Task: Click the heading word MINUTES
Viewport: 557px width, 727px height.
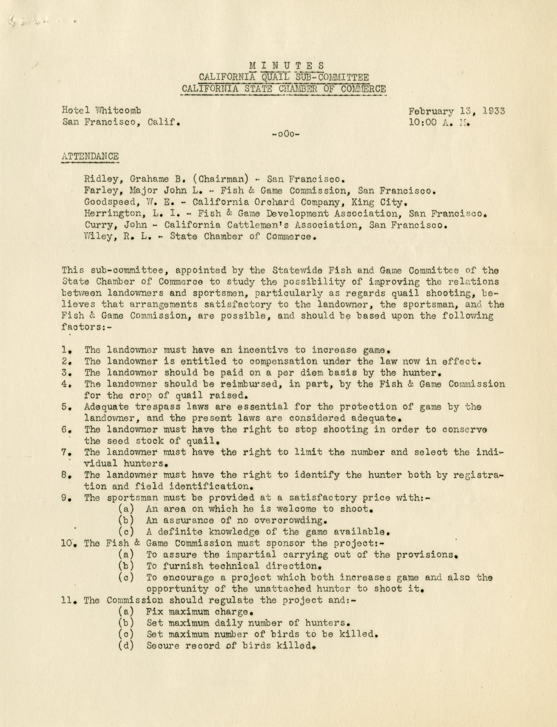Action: pos(287,66)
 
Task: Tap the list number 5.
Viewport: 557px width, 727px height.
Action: pos(65,407)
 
